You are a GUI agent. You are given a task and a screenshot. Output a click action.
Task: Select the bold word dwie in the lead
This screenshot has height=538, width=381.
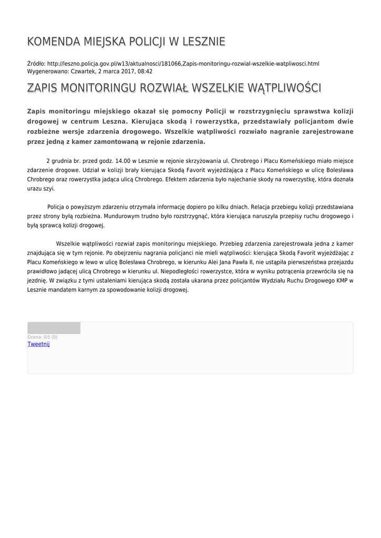(x=342, y=121)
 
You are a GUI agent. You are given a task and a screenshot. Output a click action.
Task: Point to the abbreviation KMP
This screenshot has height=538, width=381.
(x=337, y=281)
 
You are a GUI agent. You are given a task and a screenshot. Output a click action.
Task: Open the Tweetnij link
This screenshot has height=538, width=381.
(x=38, y=344)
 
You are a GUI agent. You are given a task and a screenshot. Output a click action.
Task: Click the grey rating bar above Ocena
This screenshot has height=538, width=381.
(x=54, y=328)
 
